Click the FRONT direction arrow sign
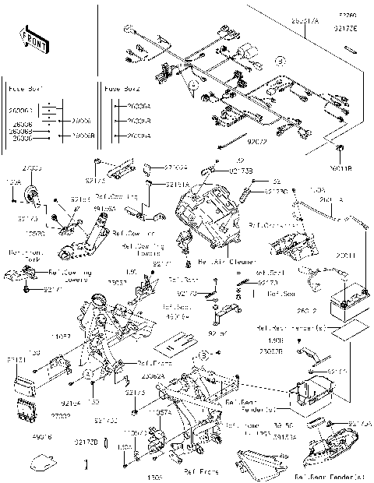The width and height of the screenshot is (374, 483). pyautogui.click(x=32, y=40)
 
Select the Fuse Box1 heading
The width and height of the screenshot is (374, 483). pyautogui.click(x=24, y=90)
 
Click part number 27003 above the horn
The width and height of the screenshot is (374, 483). pyautogui.click(x=32, y=168)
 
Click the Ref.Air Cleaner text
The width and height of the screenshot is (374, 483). pyautogui.click(x=221, y=263)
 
